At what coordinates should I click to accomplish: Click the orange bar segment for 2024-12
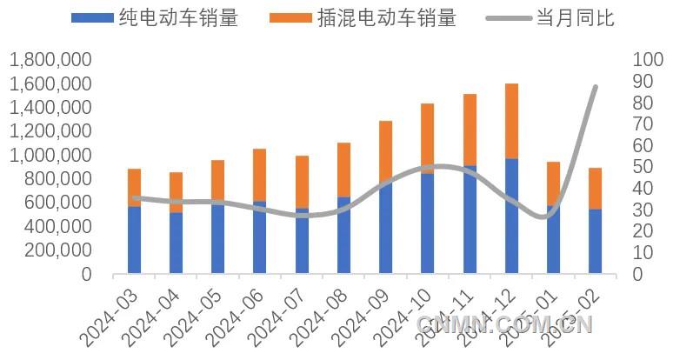[511, 121]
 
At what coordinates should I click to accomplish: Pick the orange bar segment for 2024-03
[134, 186]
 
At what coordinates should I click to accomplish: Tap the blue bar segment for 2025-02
[596, 241]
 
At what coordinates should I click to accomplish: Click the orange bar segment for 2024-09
[385, 151]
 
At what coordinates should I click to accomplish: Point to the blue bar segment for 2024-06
[260, 237]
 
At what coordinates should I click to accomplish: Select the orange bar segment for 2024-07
[302, 182]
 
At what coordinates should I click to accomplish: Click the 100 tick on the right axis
[649, 60]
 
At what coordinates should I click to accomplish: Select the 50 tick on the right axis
[643, 167]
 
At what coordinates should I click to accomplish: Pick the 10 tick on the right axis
[643, 252]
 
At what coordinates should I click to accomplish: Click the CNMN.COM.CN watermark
[504, 325]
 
